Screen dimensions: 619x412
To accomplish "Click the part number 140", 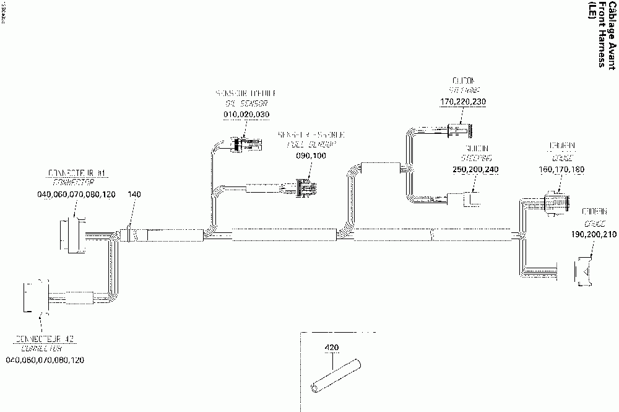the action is [x=135, y=195].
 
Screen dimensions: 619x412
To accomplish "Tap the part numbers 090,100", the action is [x=311, y=156].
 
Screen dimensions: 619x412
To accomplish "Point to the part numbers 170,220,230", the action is [x=463, y=101].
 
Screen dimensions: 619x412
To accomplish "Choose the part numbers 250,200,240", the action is [x=475, y=170].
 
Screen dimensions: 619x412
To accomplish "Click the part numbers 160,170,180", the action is [x=562, y=169].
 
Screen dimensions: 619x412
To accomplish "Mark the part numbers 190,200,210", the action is [x=593, y=235].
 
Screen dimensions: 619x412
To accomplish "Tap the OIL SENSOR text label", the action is [x=246, y=104].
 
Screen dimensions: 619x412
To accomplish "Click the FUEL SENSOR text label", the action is [x=311, y=144].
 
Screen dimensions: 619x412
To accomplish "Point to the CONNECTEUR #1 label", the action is [x=69, y=172].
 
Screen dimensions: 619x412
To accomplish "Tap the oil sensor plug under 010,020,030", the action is [x=245, y=145].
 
